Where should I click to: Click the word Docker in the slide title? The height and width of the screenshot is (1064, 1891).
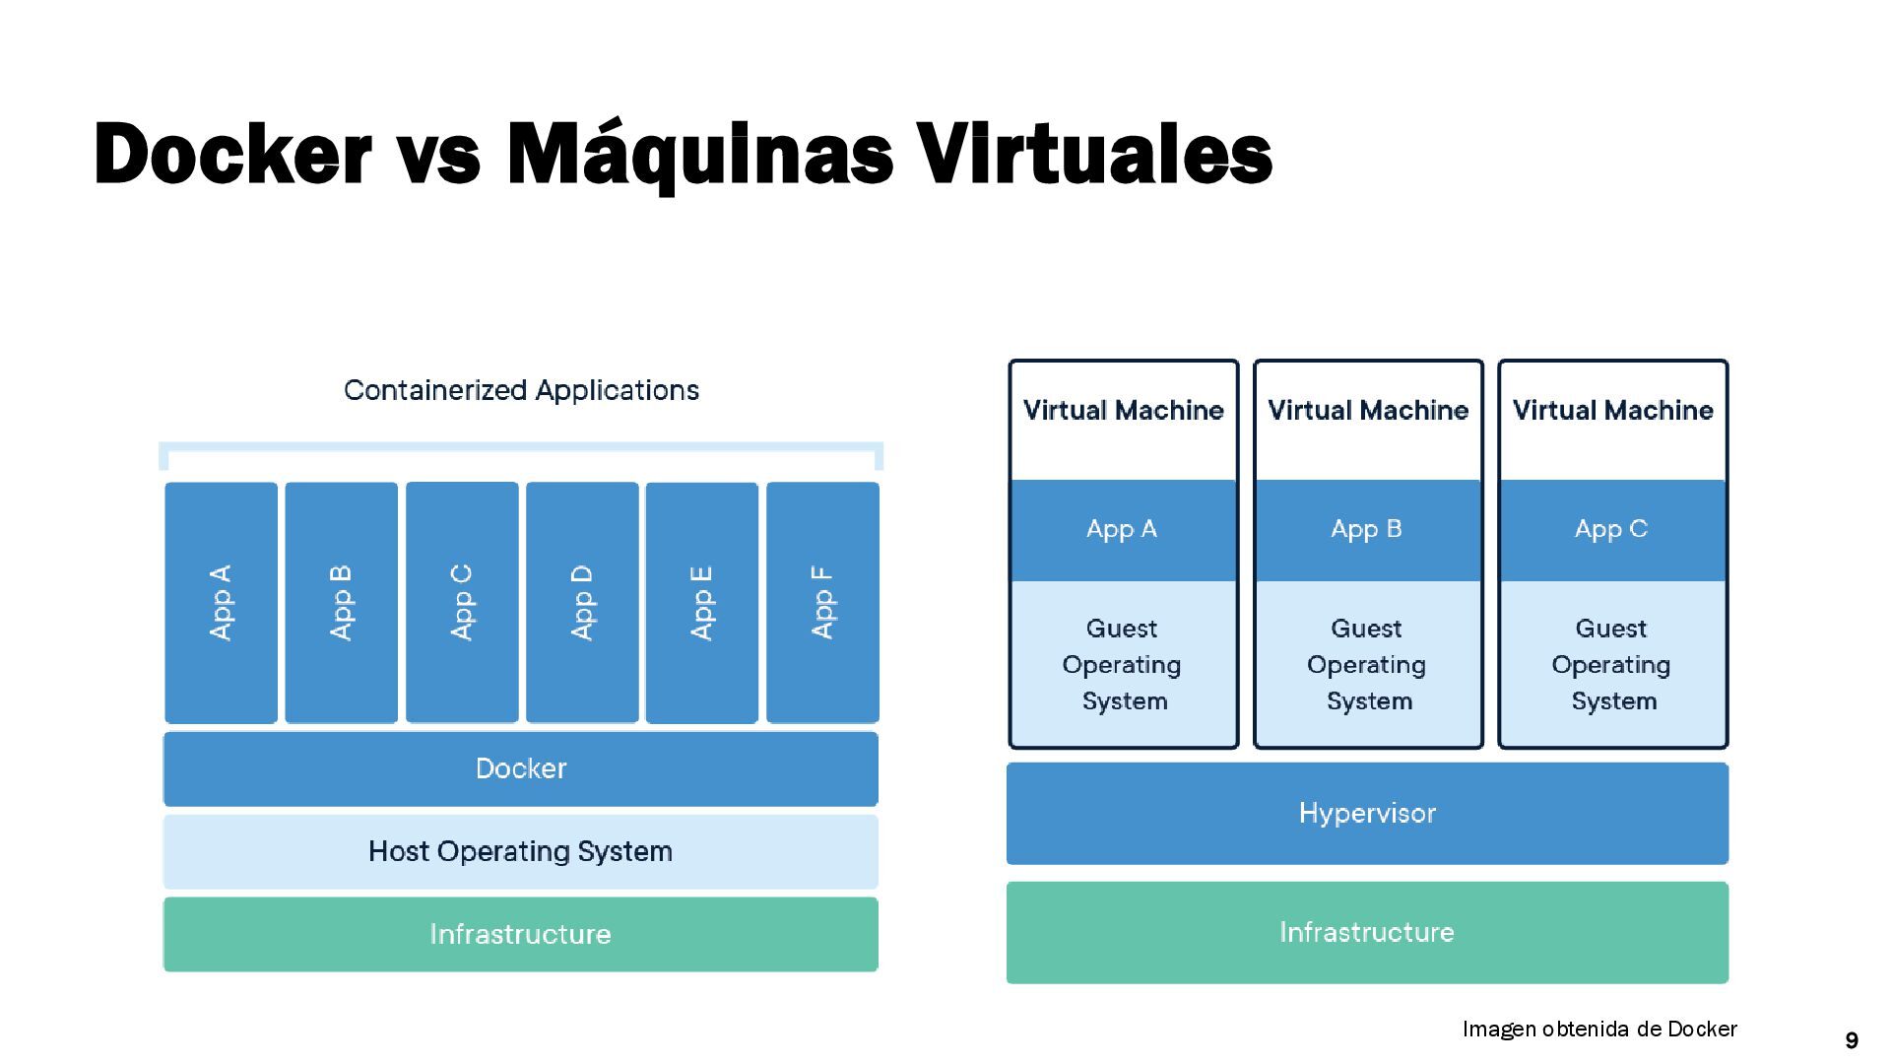(232, 155)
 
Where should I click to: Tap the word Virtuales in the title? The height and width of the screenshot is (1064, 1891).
(1094, 155)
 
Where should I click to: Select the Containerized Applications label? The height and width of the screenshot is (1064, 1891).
(521, 390)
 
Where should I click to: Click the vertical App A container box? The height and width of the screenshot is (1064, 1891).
(221, 602)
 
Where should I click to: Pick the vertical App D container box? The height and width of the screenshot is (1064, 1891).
(582, 602)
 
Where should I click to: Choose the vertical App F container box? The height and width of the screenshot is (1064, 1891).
(822, 602)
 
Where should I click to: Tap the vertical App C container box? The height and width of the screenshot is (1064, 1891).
(462, 602)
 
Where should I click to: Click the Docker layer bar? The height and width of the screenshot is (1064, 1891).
(520, 768)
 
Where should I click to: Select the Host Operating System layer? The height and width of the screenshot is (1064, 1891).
(520, 851)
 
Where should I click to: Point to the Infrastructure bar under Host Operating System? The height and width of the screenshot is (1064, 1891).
(520, 934)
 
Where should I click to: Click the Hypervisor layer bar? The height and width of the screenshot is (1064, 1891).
(1367, 813)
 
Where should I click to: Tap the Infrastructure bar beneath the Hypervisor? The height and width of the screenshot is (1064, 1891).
(1367, 932)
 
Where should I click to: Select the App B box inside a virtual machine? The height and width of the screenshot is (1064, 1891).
(1367, 530)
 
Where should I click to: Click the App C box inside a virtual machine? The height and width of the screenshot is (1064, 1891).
(1611, 530)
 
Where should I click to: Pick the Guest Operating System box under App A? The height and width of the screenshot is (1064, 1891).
(1123, 664)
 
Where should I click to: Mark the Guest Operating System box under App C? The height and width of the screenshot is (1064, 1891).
(1611, 664)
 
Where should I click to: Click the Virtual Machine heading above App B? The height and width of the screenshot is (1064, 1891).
(1367, 410)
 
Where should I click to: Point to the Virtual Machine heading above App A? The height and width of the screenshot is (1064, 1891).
(1123, 410)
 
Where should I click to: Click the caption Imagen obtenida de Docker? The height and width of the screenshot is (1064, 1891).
(1599, 1030)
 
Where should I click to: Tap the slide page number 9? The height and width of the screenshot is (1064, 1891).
(1852, 1040)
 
